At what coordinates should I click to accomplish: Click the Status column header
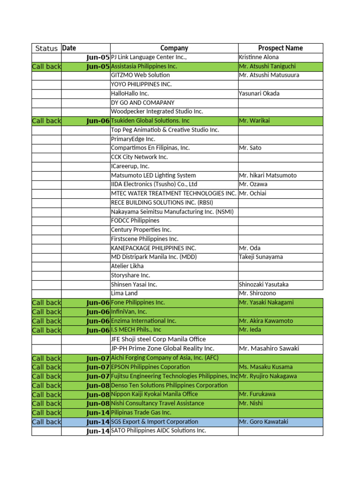coord(46,48)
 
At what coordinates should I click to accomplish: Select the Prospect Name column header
coord(280,48)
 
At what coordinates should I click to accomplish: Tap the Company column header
coord(174,48)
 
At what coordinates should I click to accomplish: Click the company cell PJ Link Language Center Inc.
coord(149,57)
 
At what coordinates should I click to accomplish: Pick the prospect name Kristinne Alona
coord(259,57)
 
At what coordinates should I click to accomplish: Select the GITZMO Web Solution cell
coord(141,75)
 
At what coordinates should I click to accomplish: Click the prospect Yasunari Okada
coord(259,93)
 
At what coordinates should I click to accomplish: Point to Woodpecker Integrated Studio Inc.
coord(157,112)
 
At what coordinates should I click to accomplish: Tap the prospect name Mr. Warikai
coord(255,120)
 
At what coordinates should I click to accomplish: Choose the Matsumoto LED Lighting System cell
coord(153,175)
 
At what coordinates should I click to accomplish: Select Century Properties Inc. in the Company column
coord(141,230)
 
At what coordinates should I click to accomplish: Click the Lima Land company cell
coord(124,293)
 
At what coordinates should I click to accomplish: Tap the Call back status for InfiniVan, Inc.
coord(46,312)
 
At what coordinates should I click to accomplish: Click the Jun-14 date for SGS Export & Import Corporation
coord(98,422)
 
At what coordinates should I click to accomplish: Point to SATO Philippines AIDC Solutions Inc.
coord(158,431)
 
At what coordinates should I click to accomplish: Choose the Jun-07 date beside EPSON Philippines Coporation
coord(98,367)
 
